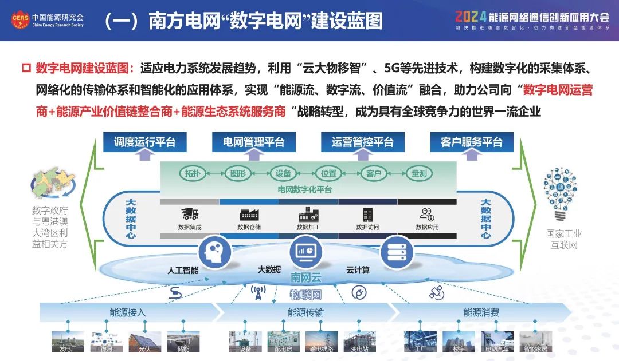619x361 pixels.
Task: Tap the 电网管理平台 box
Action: point(253,142)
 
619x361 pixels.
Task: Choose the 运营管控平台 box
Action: point(362,142)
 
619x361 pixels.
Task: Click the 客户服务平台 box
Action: point(471,142)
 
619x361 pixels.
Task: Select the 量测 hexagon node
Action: point(418,173)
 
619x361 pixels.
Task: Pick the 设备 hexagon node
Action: point(283,173)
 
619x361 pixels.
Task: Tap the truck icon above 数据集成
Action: point(190,215)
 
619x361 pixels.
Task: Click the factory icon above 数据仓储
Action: point(249,215)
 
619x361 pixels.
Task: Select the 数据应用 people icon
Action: point(427,215)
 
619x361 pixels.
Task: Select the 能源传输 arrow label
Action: point(305,312)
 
